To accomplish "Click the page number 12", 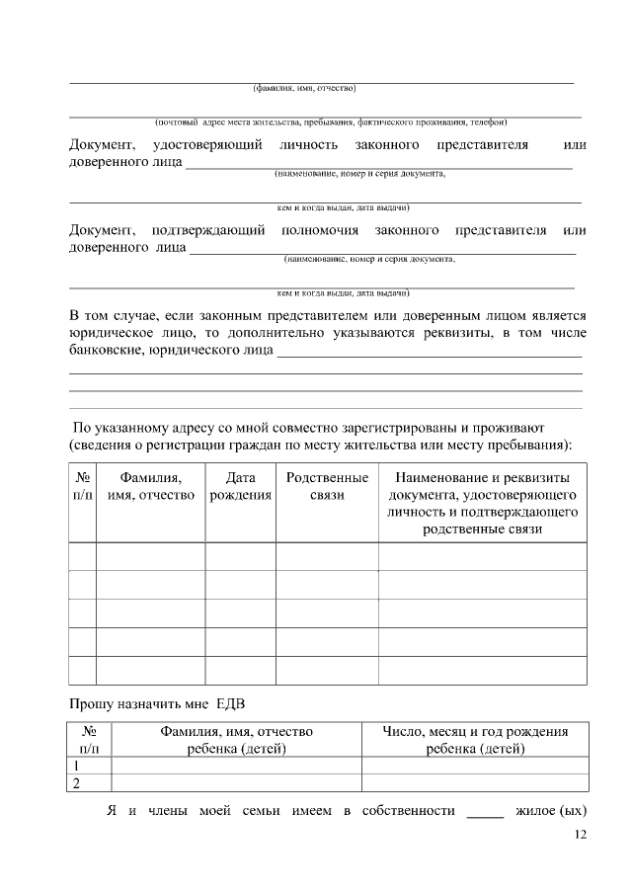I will pos(580,836).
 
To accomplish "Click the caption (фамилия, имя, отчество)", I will pos(303,88).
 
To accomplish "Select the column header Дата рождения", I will pos(240,486).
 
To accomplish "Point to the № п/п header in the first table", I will pos(82,486).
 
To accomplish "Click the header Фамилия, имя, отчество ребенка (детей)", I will pos(236,740).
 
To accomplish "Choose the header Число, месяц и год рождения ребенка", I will pos(475,740).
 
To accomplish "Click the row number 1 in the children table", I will pos(75,766).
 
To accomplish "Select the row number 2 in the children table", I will pos(75,783).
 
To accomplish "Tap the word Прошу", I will pos(90,703).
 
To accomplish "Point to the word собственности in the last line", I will pos(408,812).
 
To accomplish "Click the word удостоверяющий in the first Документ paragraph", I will pos(206,145).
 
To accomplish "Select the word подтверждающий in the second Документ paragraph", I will pos(207,230).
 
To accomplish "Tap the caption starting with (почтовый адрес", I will pos(331,122).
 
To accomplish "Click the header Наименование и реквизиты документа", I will pos(482,504).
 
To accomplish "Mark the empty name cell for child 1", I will pos(236,766).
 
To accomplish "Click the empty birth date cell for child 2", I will pos(475,783).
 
